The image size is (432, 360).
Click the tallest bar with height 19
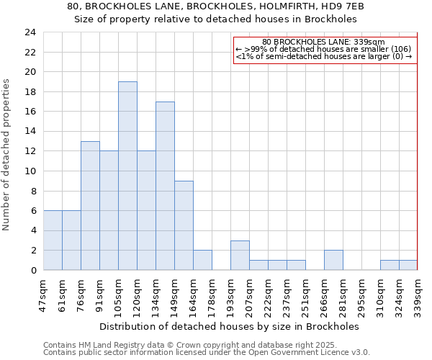coord(127,176)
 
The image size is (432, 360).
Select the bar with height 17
coord(165,186)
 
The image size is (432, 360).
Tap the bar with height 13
coord(90,205)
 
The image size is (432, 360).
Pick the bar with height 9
coord(184,225)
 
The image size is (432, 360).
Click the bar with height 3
coord(240,255)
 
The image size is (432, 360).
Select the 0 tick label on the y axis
coord(33,270)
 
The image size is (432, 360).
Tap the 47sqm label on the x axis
coord(44,295)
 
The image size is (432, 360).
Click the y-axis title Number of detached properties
coord(7,155)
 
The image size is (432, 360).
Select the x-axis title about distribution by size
coord(229,326)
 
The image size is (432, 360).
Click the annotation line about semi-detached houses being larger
coord(323,56)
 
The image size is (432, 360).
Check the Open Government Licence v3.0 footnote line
coord(206,352)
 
